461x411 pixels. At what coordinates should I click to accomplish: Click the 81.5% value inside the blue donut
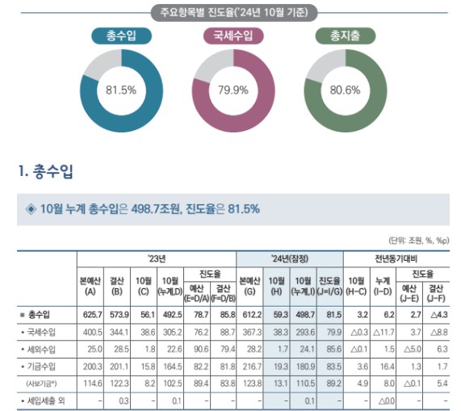pyautogui.click(x=121, y=90)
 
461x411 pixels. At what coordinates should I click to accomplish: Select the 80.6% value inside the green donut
pyautogui.click(x=345, y=90)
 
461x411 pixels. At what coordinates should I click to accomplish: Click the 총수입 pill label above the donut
pyautogui.click(x=121, y=36)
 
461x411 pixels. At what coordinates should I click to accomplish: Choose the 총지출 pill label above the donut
pyautogui.click(x=344, y=36)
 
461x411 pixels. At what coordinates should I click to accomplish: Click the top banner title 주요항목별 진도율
pyautogui.click(x=233, y=12)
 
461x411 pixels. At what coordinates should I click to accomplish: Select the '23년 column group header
pyautogui.click(x=157, y=258)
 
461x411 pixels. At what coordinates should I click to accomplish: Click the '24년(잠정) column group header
pyautogui.click(x=290, y=258)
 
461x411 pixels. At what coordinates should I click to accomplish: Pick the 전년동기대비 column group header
pyautogui.click(x=395, y=258)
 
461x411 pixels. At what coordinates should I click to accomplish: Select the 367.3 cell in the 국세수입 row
pyautogui.click(x=250, y=331)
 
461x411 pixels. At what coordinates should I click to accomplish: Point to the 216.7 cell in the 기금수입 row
pyautogui.click(x=250, y=367)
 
